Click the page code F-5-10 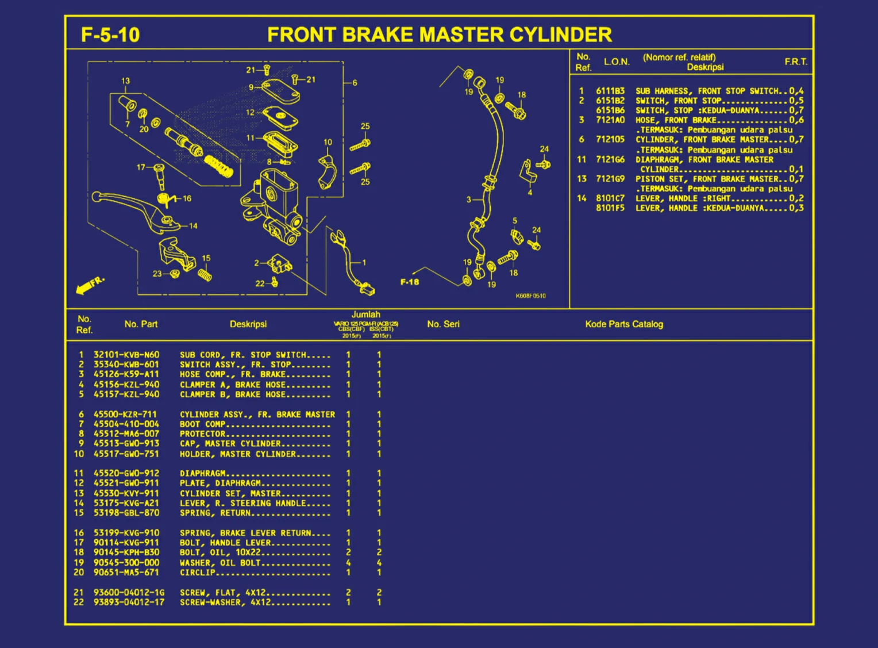pyautogui.click(x=110, y=35)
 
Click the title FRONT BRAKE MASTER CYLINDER pyautogui.click(x=440, y=35)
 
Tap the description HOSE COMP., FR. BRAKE pyautogui.click(x=232, y=374)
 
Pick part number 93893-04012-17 pyautogui.click(x=129, y=603)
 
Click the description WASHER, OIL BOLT pyautogui.click(x=220, y=563)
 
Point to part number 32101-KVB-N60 pyautogui.click(x=126, y=355)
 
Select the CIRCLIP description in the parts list pyautogui.click(x=197, y=573)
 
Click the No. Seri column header pyautogui.click(x=443, y=324)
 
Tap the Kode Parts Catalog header pyautogui.click(x=624, y=324)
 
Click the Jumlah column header pyautogui.click(x=366, y=315)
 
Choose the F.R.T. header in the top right pyautogui.click(x=796, y=62)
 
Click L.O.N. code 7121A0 pyautogui.click(x=610, y=120)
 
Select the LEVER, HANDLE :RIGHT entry pyautogui.click(x=683, y=198)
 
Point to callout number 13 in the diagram pyautogui.click(x=125, y=81)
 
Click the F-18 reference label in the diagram pyautogui.click(x=410, y=282)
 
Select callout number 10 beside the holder pyautogui.click(x=328, y=142)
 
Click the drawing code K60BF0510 pyautogui.click(x=530, y=296)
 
